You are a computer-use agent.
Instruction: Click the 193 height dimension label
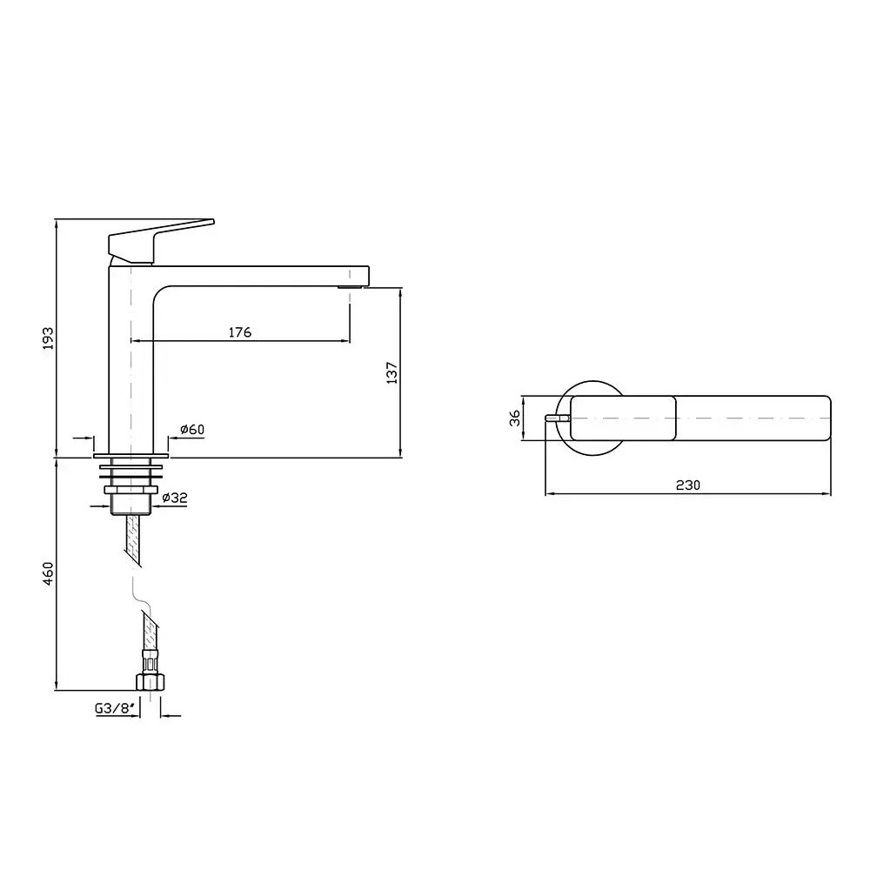click(x=48, y=338)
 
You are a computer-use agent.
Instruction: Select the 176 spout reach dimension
click(x=240, y=331)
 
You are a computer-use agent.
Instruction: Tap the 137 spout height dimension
click(x=391, y=373)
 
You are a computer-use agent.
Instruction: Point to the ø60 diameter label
click(x=192, y=429)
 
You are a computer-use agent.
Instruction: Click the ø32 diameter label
click(x=175, y=498)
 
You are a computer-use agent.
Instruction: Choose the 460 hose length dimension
click(x=48, y=573)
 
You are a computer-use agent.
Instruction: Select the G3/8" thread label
click(x=116, y=708)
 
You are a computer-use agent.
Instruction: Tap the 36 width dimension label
click(x=515, y=418)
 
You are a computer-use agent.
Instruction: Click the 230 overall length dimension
click(x=688, y=485)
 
